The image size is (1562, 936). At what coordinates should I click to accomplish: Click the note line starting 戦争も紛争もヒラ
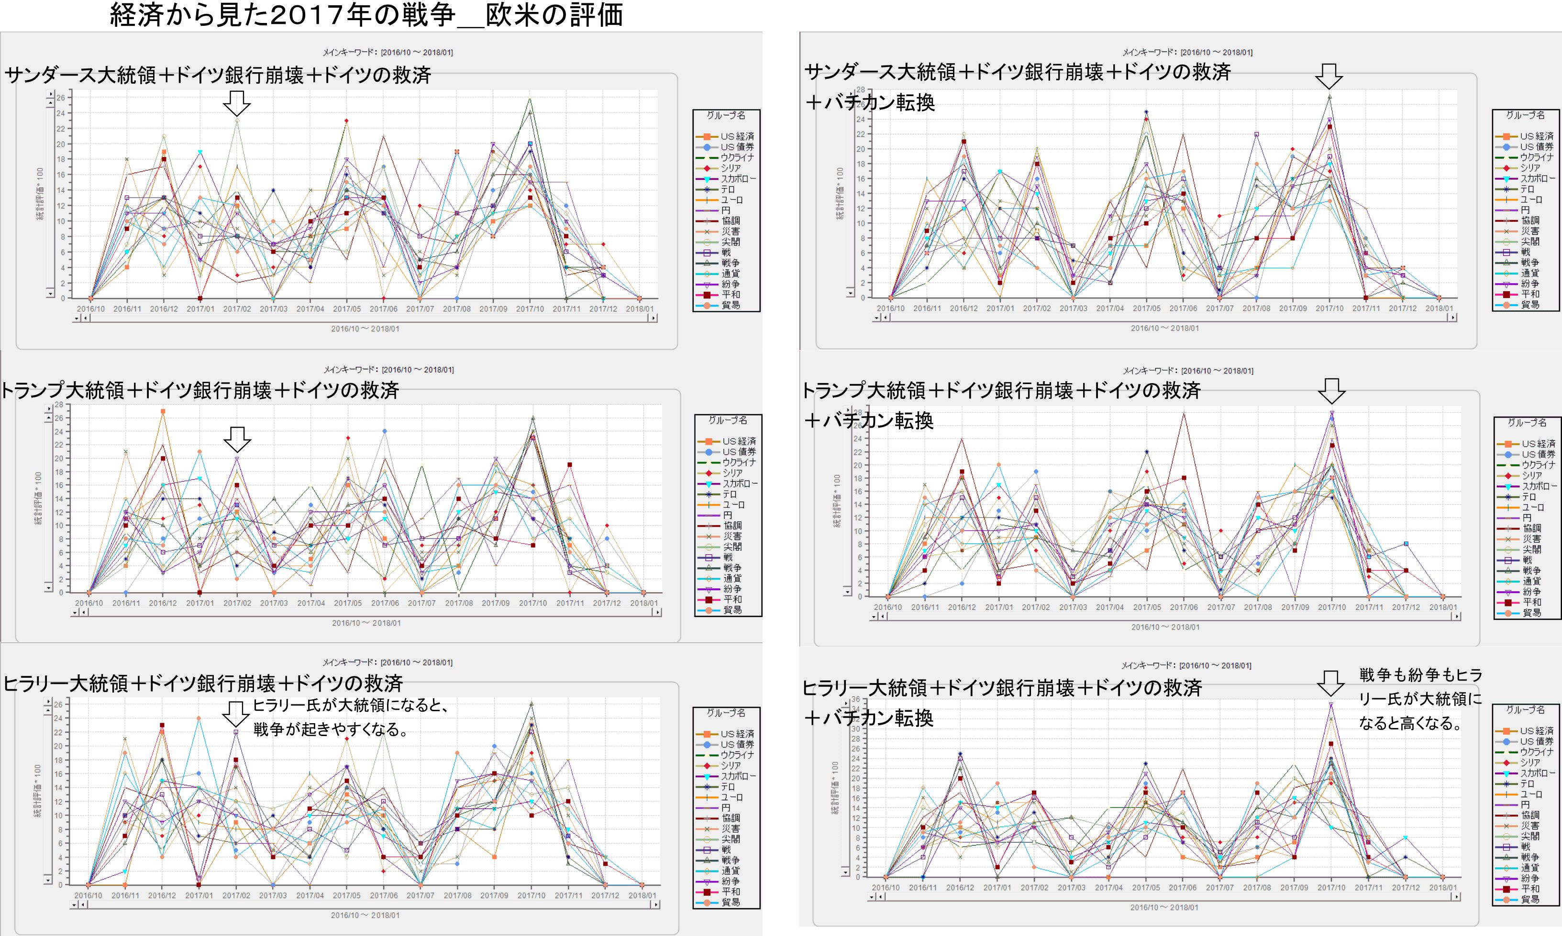pyautogui.click(x=1420, y=675)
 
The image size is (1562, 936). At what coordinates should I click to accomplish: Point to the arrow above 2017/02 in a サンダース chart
pyautogui.click(x=237, y=103)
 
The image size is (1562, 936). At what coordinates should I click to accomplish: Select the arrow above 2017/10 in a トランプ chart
pyautogui.click(x=1332, y=391)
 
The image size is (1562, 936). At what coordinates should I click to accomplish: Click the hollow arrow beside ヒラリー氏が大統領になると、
pyautogui.click(x=236, y=713)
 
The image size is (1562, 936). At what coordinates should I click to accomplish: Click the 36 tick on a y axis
pyautogui.click(x=856, y=699)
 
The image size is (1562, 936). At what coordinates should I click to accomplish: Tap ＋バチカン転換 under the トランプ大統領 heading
pyautogui.click(x=867, y=421)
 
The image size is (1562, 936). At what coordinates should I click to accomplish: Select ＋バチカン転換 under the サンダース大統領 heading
pyautogui.click(x=869, y=102)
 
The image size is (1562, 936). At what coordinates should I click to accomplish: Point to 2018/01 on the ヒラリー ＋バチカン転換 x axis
pyautogui.click(x=1442, y=887)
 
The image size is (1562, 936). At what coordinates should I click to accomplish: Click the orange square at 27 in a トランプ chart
pyautogui.click(x=163, y=411)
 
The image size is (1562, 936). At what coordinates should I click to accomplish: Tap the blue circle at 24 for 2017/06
pyautogui.click(x=385, y=431)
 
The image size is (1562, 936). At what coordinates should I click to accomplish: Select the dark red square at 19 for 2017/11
pyautogui.click(x=570, y=465)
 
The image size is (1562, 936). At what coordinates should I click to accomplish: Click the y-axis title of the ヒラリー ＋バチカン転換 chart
pyautogui.click(x=836, y=788)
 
